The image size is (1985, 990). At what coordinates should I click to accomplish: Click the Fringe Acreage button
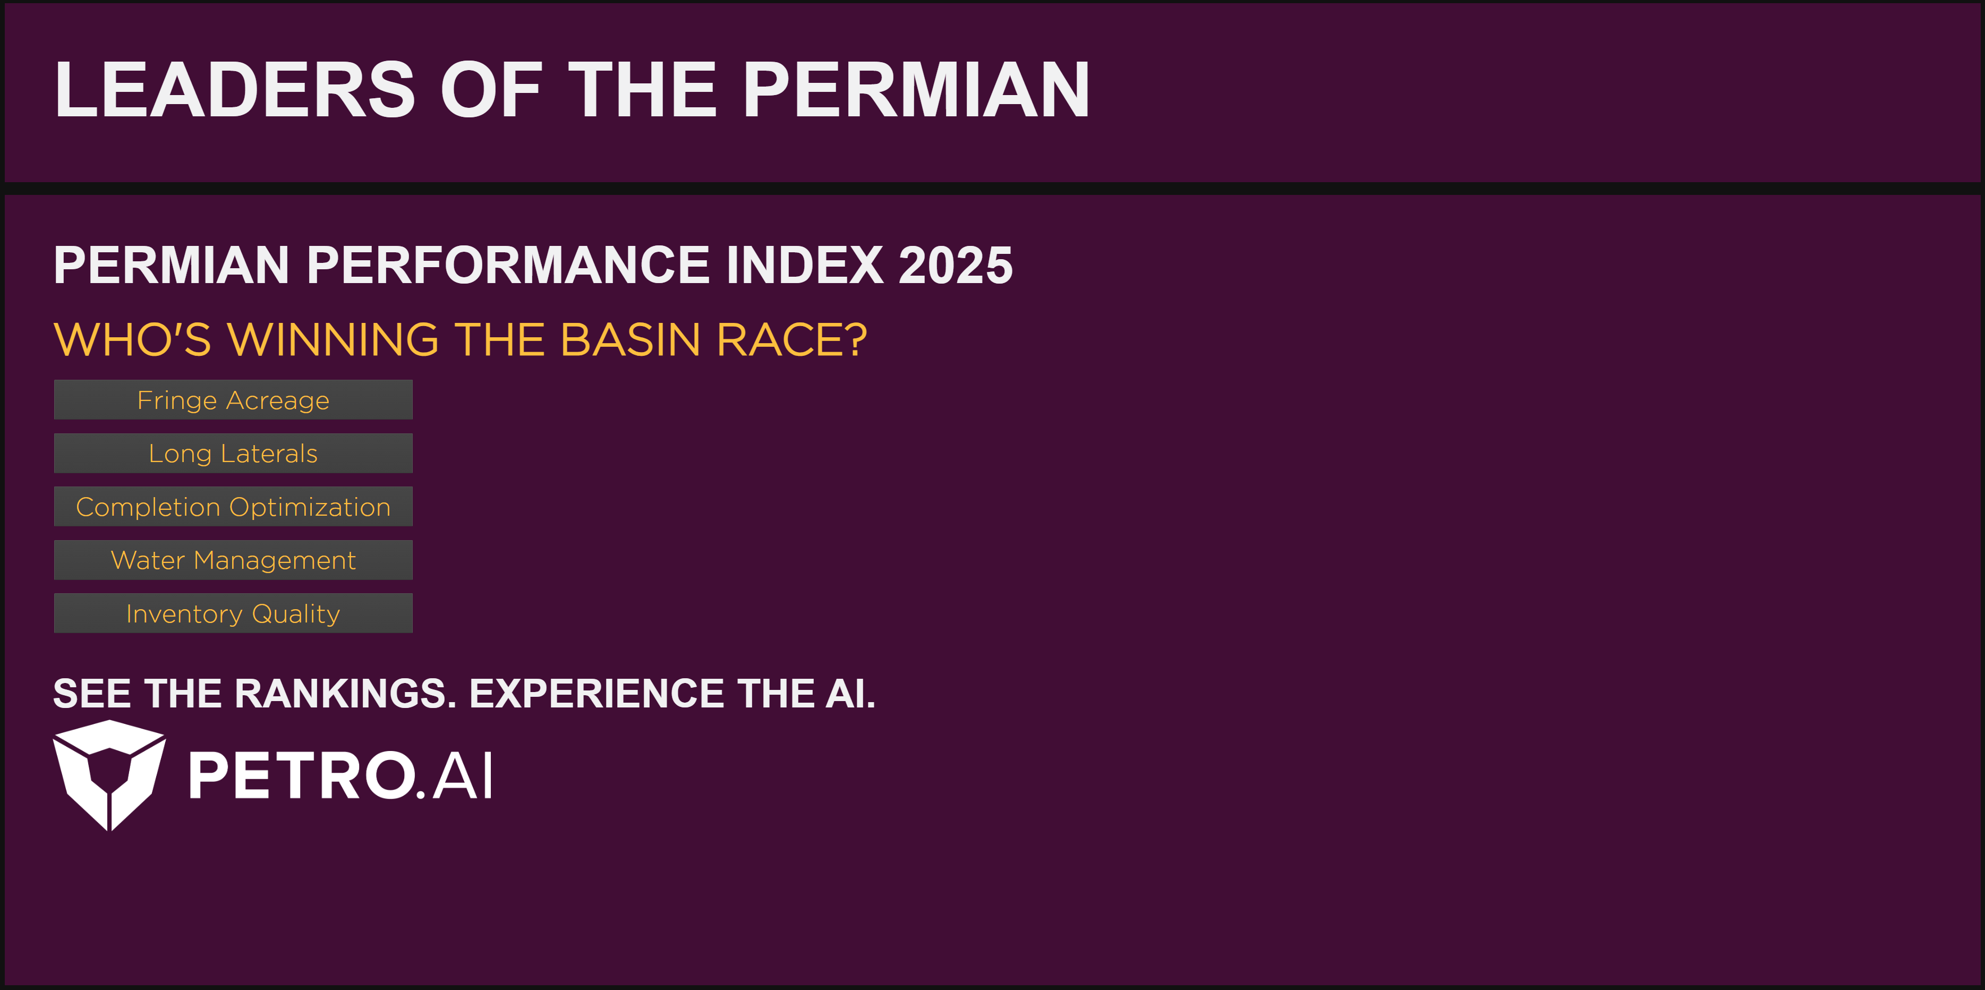[x=233, y=400]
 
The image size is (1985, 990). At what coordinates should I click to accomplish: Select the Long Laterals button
[x=233, y=453]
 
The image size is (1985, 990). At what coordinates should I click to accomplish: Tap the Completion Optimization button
[x=233, y=506]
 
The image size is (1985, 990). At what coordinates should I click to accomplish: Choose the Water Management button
[x=233, y=560]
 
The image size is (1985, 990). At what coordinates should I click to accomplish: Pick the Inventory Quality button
[x=233, y=613]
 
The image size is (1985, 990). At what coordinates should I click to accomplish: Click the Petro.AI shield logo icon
[x=109, y=774]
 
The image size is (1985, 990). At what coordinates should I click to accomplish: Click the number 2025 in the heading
[x=956, y=266]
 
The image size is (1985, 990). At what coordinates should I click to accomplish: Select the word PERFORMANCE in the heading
[x=508, y=266]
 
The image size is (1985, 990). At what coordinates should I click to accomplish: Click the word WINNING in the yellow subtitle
[x=333, y=340]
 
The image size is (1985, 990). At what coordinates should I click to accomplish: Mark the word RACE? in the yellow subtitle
[x=791, y=340]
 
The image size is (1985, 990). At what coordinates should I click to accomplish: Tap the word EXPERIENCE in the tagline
[x=597, y=694]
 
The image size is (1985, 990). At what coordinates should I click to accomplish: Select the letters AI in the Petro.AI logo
[x=462, y=776]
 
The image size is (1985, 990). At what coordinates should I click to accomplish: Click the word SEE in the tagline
[x=92, y=694]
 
